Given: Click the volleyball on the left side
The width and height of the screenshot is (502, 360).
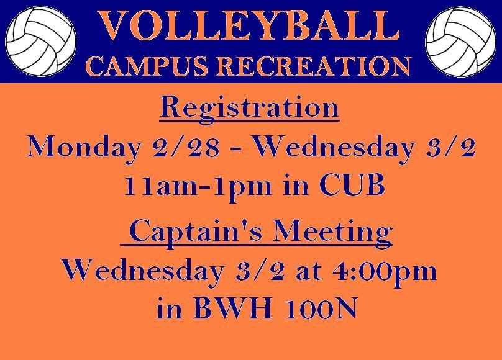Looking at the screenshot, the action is click(x=40, y=42).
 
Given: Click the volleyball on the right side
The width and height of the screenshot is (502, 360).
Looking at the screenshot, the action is click(x=461, y=42).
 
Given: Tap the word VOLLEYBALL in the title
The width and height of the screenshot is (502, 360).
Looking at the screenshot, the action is click(x=249, y=26).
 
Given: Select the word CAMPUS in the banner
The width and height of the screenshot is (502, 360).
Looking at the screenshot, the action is click(x=146, y=66).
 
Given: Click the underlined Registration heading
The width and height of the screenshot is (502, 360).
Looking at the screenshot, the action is click(x=249, y=109).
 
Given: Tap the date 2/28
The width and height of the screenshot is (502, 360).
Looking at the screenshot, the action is click(x=186, y=147).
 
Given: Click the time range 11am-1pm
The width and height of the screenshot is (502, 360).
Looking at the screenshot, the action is click(x=198, y=187).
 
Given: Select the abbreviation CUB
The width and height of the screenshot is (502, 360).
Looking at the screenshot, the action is click(x=352, y=185).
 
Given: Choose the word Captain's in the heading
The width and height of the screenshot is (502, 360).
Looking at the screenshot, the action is click(x=196, y=232).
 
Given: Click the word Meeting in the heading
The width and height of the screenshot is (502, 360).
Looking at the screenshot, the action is click(x=333, y=232).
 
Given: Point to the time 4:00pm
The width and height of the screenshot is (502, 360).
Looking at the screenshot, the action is click(x=384, y=272).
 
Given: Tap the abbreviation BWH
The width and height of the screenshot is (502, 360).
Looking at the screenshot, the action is click(x=233, y=308).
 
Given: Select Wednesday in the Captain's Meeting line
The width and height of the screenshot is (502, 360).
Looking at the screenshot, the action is click(x=142, y=272).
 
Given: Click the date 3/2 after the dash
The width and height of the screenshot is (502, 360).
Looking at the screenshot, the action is click(x=450, y=147).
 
